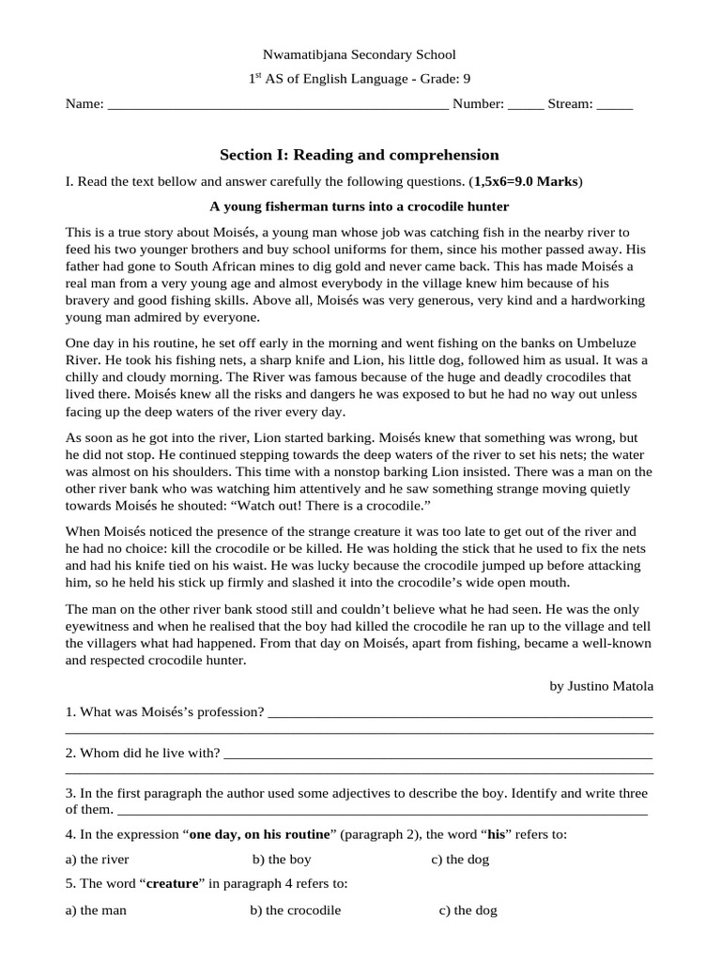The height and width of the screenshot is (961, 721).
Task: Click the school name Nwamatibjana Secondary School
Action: [x=360, y=55]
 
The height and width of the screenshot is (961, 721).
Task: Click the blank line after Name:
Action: [x=278, y=105]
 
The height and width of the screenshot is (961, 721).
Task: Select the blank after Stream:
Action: [x=615, y=105]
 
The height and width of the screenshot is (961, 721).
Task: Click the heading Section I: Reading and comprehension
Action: [x=360, y=155]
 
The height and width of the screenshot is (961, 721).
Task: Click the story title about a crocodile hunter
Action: [x=360, y=206]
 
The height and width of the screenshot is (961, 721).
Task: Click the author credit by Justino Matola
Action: [x=601, y=686]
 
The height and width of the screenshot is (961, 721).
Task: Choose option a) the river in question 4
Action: [x=98, y=859]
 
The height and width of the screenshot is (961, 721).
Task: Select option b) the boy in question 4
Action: [x=282, y=859]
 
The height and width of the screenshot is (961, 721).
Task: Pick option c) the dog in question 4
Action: [x=460, y=859]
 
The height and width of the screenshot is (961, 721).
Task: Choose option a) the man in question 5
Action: [x=96, y=910]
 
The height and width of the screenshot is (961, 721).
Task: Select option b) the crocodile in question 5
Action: [x=296, y=910]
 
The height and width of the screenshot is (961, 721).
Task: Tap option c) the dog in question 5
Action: [x=468, y=910]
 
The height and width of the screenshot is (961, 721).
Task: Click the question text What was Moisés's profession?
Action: [x=164, y=712]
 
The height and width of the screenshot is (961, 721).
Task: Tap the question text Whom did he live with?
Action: [x=143, y=754]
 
